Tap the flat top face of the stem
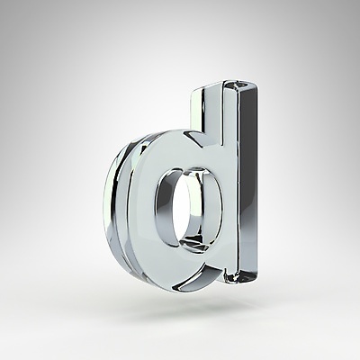click(x=240, y=85)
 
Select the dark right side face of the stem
click(x=248, y=180)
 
